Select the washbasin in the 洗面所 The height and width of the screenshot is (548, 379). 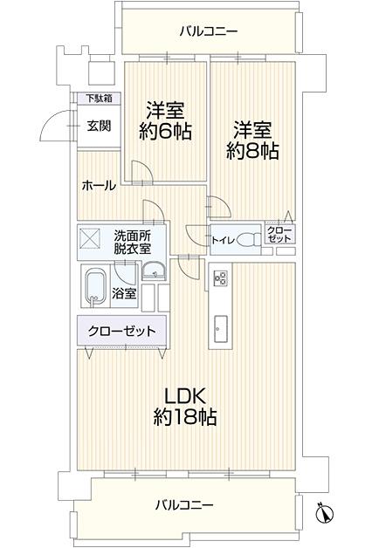click(x=154, y=271)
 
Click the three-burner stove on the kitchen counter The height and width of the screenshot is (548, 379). click(x=221, y=278)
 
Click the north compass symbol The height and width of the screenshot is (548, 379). click(x=325, y=513)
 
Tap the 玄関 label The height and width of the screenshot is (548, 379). click(x=100, y=126)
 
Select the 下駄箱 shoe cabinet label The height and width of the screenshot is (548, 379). click(x=100, y=99)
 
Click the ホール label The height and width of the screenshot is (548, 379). click(x=99, y=185)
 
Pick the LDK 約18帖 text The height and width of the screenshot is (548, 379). click(x=185, y=407)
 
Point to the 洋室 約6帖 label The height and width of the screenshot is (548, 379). click(x=165, y=120)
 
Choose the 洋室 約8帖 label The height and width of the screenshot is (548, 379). click(x=252, y=140)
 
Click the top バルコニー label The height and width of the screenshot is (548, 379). click(x=209, y=31)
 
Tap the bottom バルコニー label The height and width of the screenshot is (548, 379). click(x=184, y=505)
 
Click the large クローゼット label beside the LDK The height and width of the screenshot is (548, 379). click(x=121, y=331)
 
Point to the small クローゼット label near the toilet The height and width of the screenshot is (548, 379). click(x=279, y=235)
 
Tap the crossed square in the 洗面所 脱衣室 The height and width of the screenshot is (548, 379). click(x=90, y=238)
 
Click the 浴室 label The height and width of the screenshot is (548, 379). click(x=124, y=294)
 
